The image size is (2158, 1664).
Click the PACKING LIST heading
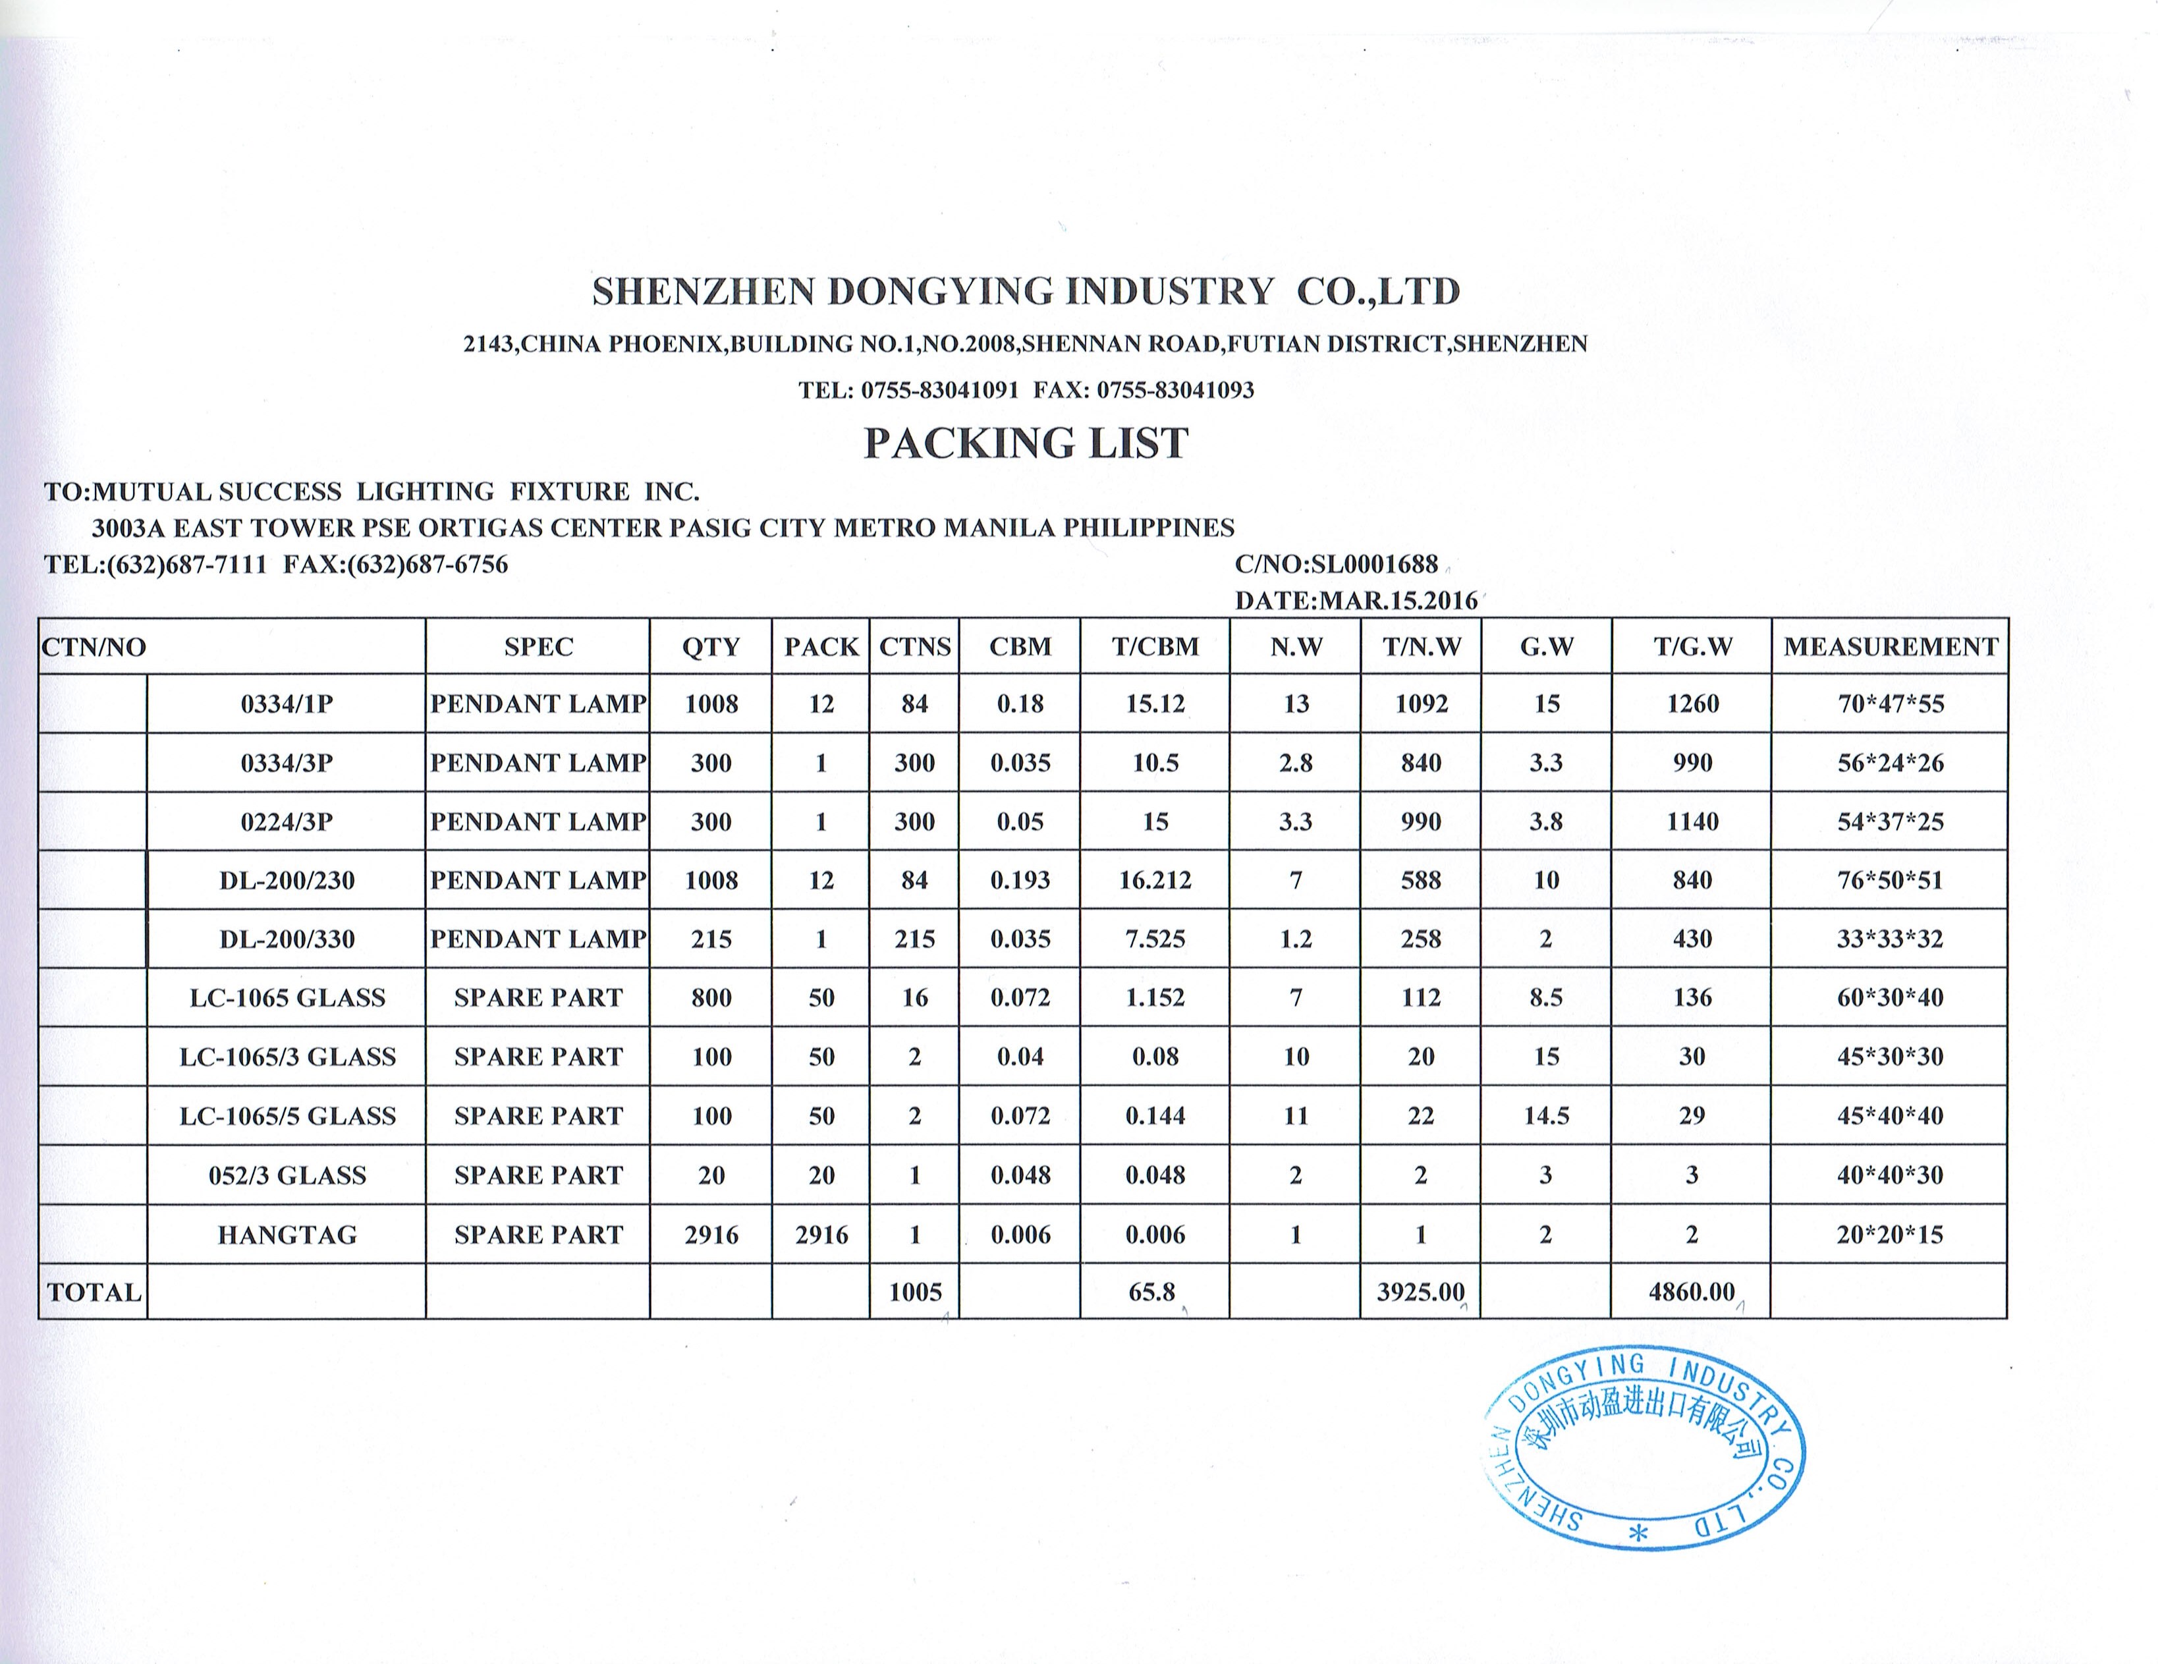coord(1026,444)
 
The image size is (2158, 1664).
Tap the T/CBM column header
coord(1155,647)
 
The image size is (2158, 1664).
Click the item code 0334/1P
coord(287,705)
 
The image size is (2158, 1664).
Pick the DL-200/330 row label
coord(287,939)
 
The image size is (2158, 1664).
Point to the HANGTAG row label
coord(287,1234)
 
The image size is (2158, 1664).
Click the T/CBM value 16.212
coord(1155,880)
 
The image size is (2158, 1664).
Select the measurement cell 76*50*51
coord(1889,880)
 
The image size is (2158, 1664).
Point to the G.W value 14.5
coord(1545,1116)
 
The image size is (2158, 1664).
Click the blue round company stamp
coord(1646,1451)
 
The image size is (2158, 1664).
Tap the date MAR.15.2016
coord(1398,601)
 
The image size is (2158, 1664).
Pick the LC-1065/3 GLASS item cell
coord(287,1057)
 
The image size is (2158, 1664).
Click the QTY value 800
coord(710,998)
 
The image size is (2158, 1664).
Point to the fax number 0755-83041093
coord(1175,390)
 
